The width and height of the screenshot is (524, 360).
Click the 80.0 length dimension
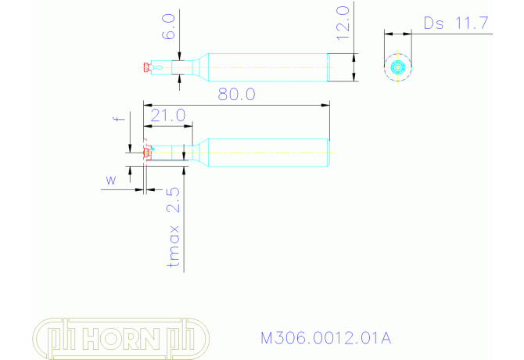click(x=237, y=94)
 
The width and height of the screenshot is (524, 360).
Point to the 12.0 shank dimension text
click(x=342, y=24)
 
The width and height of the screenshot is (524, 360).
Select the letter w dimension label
click(x=110, y=180)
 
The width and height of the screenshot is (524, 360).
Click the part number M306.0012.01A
click(x=325, y=338)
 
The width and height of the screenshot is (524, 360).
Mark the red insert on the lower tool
click(x=147, y=152)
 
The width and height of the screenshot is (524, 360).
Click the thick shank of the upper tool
click(x=266, y=67)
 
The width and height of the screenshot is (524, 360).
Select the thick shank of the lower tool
click(x=266, y=152)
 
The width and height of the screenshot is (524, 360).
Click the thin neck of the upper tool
click(x=176, y=67)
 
